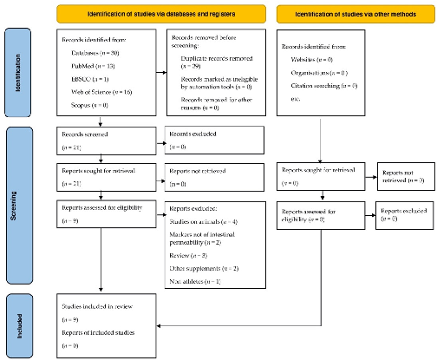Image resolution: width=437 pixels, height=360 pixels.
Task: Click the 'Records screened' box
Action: (x=102, y=141)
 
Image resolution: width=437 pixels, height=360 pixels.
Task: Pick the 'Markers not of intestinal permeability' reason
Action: (x=212, y=239)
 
